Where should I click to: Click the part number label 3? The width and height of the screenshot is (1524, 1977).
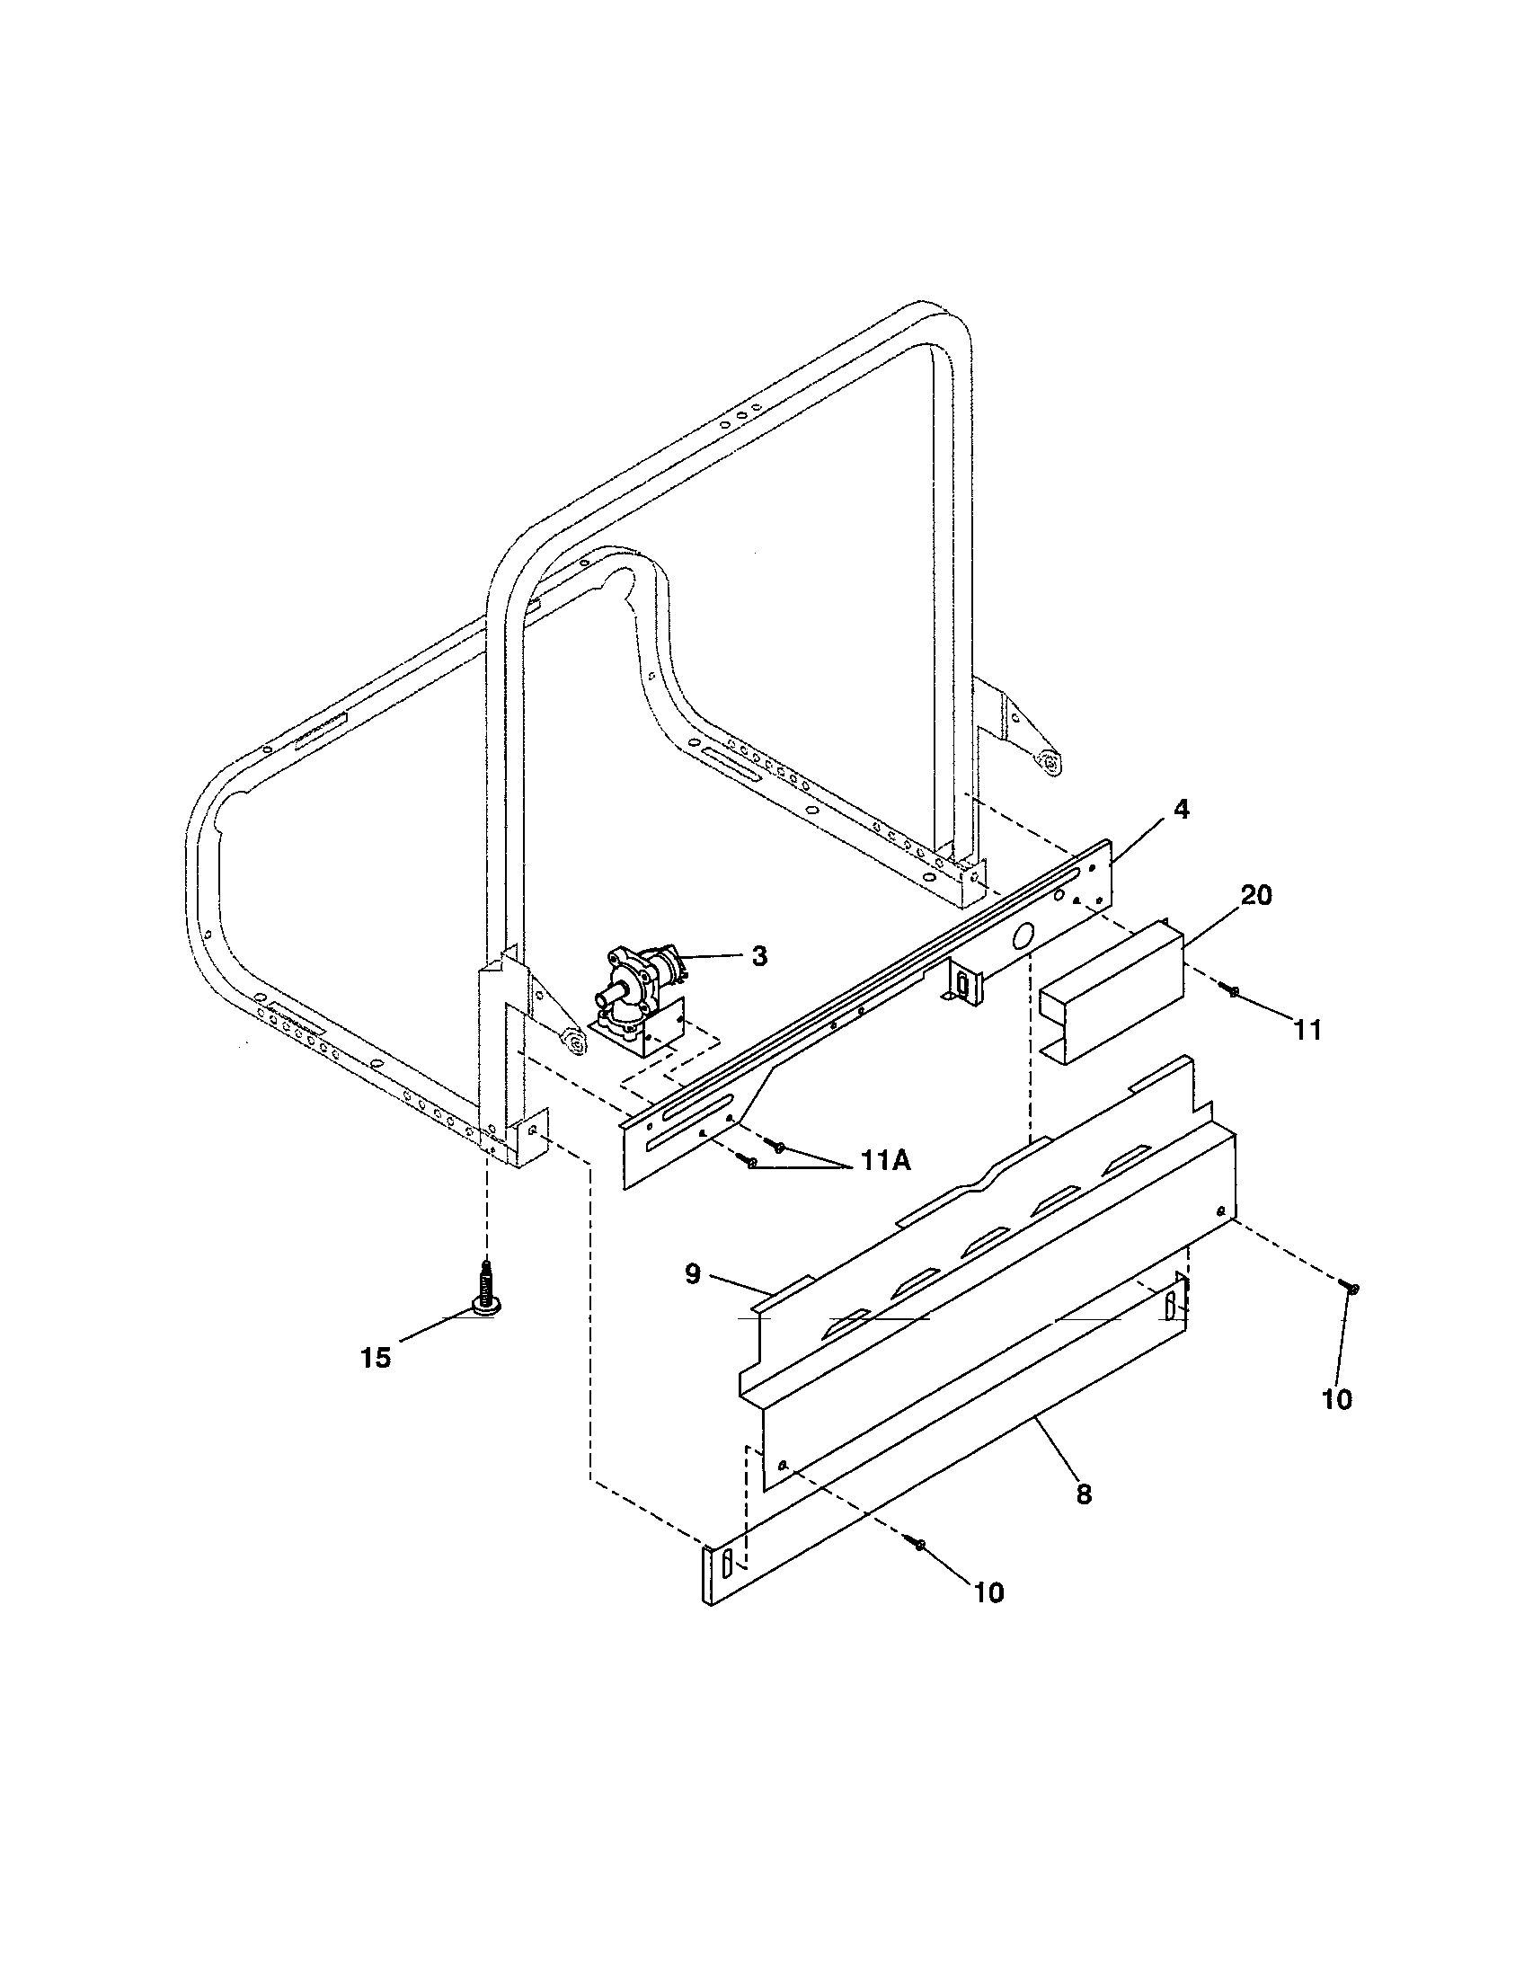coord(759,956)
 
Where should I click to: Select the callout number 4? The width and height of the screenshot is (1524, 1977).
coord(1180,811)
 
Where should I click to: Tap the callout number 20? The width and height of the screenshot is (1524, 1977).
coord(1256,895)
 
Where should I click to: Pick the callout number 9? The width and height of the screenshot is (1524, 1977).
coord(692,1274)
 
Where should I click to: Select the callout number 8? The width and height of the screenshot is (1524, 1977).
coord(1084,1494)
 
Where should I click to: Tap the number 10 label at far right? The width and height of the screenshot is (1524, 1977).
coord(1337,1399)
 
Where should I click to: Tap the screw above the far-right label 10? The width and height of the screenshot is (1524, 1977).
coord(1354,1286)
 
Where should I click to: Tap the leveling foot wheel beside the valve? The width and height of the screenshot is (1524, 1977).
coord(573,1042)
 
